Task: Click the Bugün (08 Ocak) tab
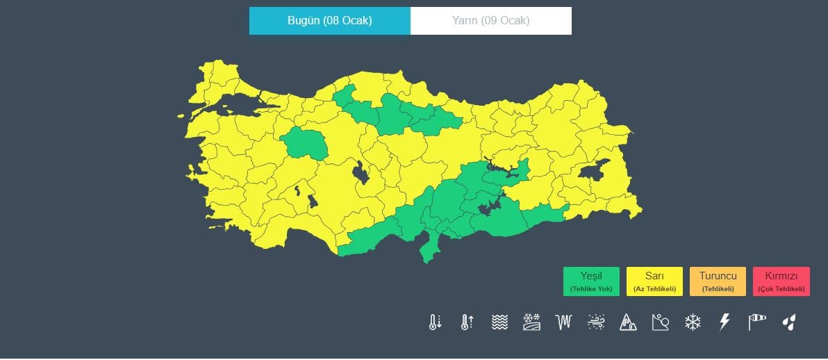(x=329, y=21)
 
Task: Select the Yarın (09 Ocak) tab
(x=490, y=21)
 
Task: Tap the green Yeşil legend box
(x=591, y=281)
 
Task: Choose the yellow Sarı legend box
(x=654, y=281)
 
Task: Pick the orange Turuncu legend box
(x=718, y=281)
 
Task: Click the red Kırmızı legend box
(x=781, y=281)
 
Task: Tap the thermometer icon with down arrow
(x=436, y=322)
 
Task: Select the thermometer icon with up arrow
(x=467, y=322)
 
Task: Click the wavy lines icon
(x=499, y=322)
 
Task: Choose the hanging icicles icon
(x=563, y=322)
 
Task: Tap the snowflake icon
(x=693, y=322)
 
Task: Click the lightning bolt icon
(x=724, y=322)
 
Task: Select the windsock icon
(x=756, y=322)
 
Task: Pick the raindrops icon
(x=789, y=322)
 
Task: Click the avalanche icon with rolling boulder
(x=660, y=322)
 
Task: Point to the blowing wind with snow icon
(x=596, y=322)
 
